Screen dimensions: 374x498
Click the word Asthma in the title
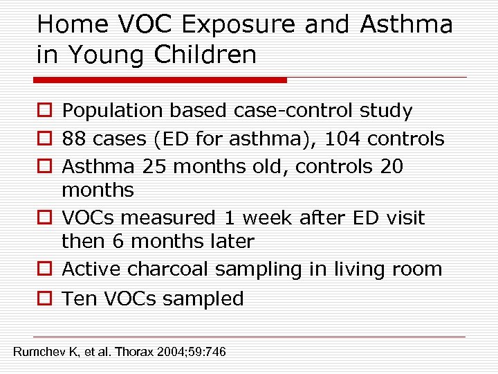tap(407, 25)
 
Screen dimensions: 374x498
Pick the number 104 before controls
tap(342, 139)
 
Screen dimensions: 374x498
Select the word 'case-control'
tap(295, 111)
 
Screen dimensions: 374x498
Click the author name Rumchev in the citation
tap(44, 353)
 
